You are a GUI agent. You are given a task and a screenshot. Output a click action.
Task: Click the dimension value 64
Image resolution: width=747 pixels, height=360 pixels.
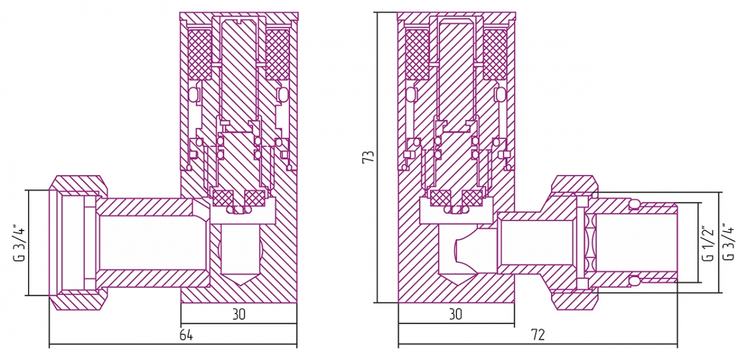tap(186, 334)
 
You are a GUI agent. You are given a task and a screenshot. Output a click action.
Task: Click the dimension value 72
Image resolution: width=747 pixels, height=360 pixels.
tap(538, 334)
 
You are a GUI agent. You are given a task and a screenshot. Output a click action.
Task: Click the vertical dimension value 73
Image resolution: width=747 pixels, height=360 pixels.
tap(368, 156)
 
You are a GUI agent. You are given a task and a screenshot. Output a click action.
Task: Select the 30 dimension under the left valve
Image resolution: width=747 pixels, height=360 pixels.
tap(239, 315)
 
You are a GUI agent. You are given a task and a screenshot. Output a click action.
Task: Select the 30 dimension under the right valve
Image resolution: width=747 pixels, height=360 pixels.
tap(455, 315)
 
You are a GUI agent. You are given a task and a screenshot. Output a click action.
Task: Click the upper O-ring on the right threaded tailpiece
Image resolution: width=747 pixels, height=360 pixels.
tap(634, 204)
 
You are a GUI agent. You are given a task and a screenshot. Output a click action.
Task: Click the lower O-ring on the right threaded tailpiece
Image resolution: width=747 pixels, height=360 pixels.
tap(634, 280)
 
